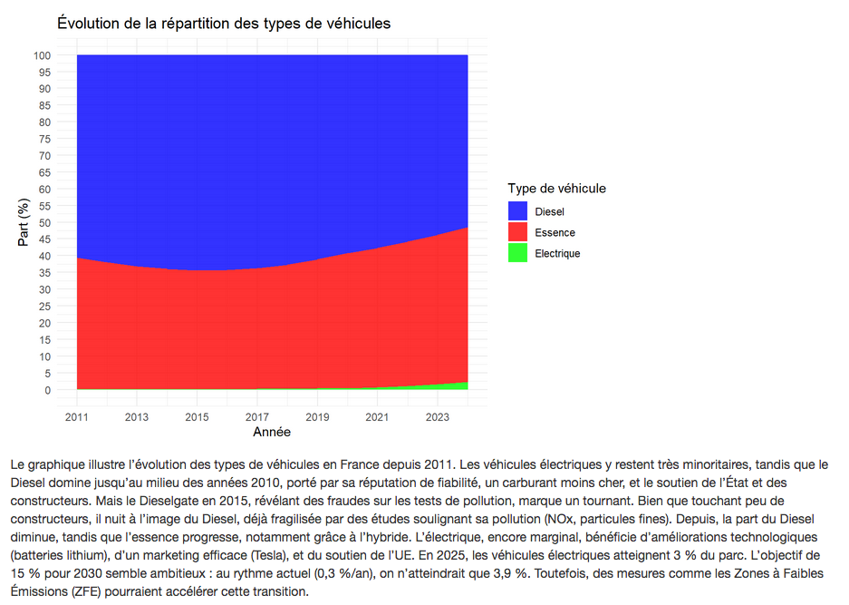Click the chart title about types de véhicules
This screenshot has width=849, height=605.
(224, 23)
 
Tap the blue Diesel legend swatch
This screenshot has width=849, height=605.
(517, 210)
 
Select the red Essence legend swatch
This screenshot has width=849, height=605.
(517, 232)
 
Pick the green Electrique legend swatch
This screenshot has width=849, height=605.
(517, 253)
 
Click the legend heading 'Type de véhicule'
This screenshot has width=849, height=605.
(556, 189)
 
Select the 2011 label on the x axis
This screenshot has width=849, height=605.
(77, 416)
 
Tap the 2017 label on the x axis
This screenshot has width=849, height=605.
(257, 416)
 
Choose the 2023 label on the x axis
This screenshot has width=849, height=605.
(438, 416)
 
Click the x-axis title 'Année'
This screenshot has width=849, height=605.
(272, 433)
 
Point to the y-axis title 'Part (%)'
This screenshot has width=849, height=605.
(24, 222)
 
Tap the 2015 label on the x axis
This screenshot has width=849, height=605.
(198, 416)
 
